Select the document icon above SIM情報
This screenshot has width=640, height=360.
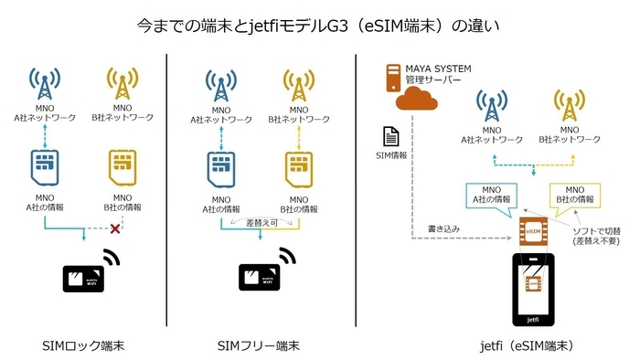point(388,135)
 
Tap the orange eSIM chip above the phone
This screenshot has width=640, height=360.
point(533,230)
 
